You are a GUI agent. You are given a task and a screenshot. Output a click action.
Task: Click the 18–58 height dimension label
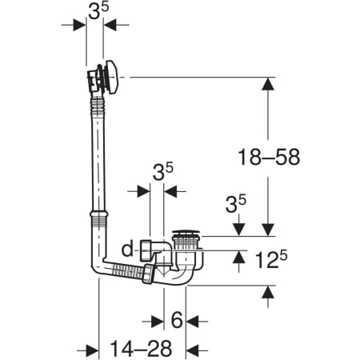point(269,157)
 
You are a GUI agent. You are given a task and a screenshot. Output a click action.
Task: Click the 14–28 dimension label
point(141,348)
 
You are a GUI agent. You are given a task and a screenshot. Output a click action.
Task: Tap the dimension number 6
point(177,320)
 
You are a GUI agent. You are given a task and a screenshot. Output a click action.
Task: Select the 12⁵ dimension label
point(271,259)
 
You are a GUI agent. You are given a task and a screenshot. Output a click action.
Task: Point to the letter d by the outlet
point(127,250)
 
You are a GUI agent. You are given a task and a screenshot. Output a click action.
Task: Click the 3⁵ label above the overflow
point(98,11)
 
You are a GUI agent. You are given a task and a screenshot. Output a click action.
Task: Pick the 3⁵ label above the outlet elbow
point(162,171)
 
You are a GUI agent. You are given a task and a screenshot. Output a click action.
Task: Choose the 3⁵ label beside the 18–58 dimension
point(236,205)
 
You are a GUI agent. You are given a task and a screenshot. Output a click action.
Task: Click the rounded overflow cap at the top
point(111,78)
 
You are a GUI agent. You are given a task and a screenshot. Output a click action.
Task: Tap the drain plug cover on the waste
point(186,232)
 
